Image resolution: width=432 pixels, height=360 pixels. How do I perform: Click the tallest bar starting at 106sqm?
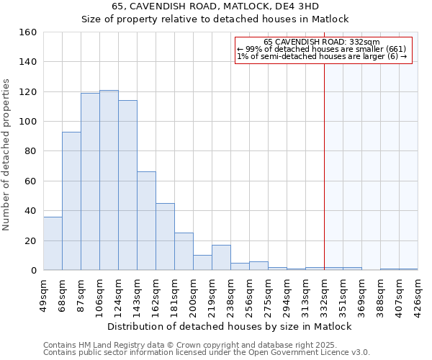[109, 180]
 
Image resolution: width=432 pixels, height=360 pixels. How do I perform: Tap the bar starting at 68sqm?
[71, 201]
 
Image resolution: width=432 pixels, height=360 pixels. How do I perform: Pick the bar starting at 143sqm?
[146, 221]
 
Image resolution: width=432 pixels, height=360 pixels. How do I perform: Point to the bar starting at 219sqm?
[221, 258]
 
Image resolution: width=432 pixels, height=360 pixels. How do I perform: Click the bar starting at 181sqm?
[184, 251]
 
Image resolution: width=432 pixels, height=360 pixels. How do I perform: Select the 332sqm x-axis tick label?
[324, 294]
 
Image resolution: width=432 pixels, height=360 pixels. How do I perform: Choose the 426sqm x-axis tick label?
[418, 294]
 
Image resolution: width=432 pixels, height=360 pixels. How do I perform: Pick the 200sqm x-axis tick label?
[193, 294]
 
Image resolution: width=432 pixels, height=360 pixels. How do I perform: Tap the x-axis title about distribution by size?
[229, 326]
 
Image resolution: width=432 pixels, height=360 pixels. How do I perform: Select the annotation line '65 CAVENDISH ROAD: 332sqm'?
[322, 42]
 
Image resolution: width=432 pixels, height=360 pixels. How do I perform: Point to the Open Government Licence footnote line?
[207, 352]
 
